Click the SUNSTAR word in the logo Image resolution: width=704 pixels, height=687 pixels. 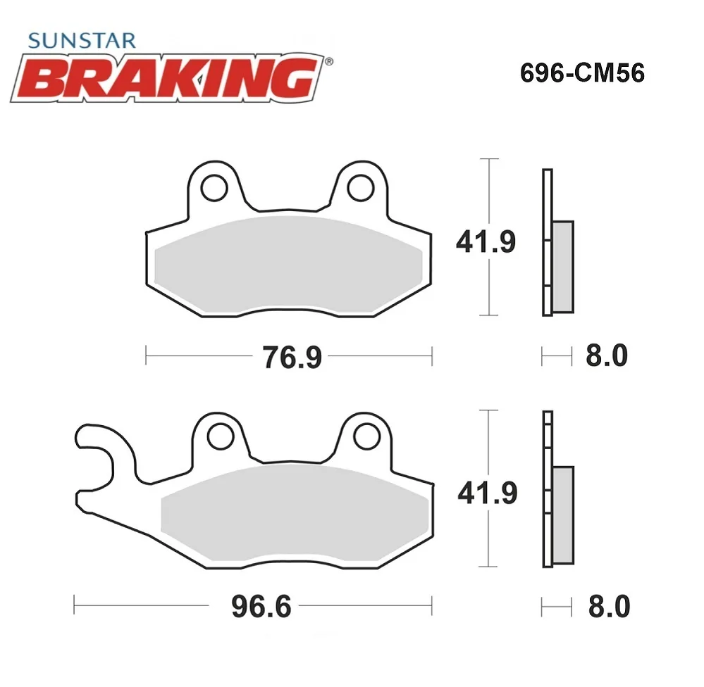[81, 41]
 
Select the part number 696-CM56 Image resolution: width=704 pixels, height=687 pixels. [582, 73]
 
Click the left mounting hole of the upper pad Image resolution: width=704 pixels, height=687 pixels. [214, 188]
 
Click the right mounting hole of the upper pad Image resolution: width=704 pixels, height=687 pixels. [361, 188]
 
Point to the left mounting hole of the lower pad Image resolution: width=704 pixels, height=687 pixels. [221, 436]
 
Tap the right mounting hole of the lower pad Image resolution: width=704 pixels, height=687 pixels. [367, 436]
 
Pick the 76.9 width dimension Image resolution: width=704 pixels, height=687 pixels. [292, 358]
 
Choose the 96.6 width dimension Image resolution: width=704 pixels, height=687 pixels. [261, 606]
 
